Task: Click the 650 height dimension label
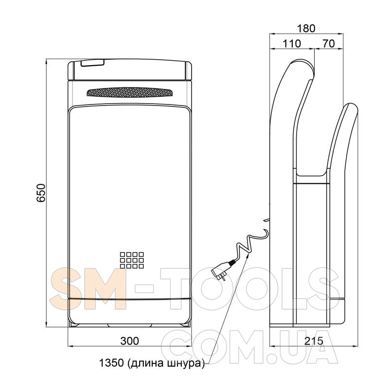tap(41, 193)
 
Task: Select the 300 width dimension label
tap(130, 341)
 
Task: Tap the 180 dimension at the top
tap(306, 28)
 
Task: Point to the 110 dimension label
tap(291, 44)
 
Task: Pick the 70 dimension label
tap(329, 44)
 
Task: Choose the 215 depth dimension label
tap(314, 341)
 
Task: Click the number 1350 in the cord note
tap(111, 363)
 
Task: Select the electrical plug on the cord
tap(223, 269)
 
